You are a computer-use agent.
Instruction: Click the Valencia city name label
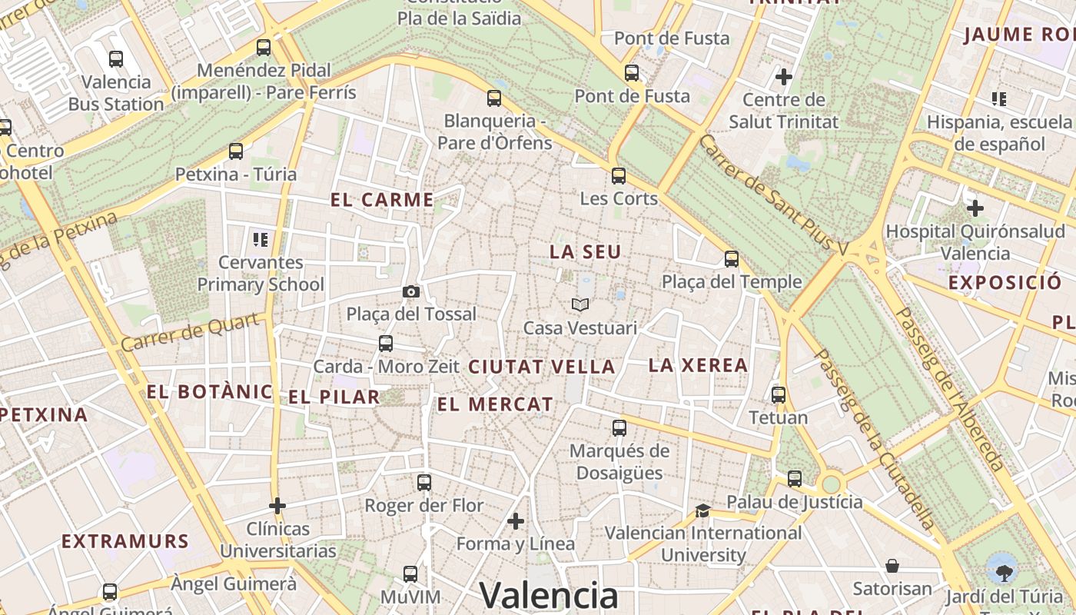pos(548,595)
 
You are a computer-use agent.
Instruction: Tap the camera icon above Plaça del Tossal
pos(411,291)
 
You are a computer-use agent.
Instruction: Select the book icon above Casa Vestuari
pos(580,305)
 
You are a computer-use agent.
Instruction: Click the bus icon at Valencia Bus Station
pos(116,58)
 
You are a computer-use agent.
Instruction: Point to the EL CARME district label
pos(382,200)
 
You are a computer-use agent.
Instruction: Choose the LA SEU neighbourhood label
pos(585,251)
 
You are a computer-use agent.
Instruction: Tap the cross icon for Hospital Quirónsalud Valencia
pos(975,208)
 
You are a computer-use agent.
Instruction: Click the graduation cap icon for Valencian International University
pos(702,510)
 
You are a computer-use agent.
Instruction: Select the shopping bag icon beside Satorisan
pos(892,566)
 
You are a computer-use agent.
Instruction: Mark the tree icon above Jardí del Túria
pos(1003,572)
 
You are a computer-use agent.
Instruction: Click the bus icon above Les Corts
pos(619,176)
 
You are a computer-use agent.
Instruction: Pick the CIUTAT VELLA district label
pos(542,367)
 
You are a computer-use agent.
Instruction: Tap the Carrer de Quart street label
pos(189,332)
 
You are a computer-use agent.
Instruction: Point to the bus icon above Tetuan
pos(779,395)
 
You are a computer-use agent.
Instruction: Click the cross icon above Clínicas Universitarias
pos(277,506)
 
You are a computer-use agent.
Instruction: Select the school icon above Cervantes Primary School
pos(261,239)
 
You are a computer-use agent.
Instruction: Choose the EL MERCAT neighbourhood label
pos(495,404)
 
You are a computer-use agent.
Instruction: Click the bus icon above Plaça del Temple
pos(732,259)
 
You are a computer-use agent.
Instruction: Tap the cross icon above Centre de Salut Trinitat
pos(784,77)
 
